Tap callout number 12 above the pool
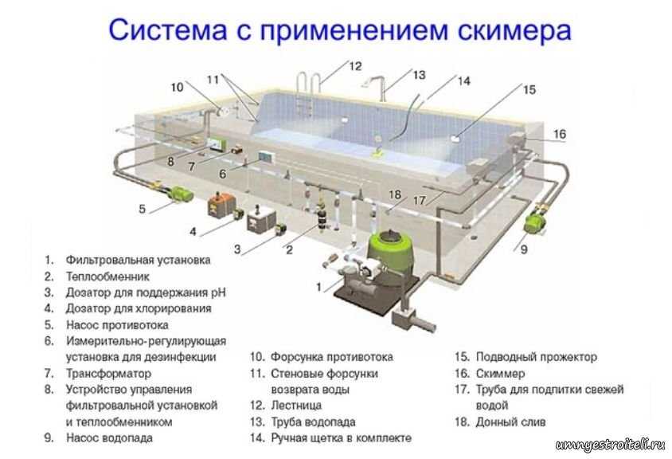coord(354,65)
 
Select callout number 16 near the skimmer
coord(560,135)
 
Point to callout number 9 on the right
coord(523,249)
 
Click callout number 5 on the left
coord(142,210)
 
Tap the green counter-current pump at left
coord(182,193)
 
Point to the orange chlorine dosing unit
coord(217,206)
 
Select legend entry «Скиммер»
coord(501,374)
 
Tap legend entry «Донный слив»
coord(511,422)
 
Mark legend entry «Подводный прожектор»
coord(536,357)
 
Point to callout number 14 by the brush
coord(464,80)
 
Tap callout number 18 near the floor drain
coord(395,194)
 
